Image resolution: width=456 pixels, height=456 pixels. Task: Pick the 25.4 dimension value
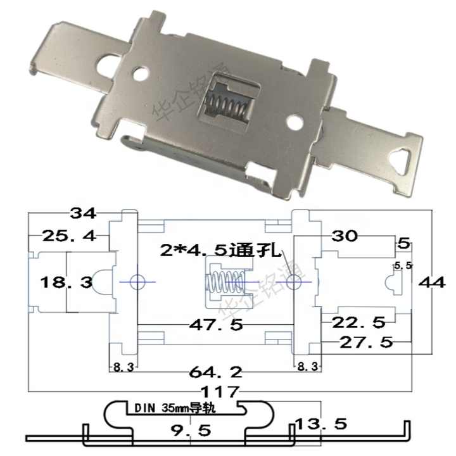click(68, 236)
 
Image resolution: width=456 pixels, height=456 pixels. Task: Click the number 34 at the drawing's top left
click(83, 213)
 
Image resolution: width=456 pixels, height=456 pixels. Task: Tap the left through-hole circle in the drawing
click(137, 281)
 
